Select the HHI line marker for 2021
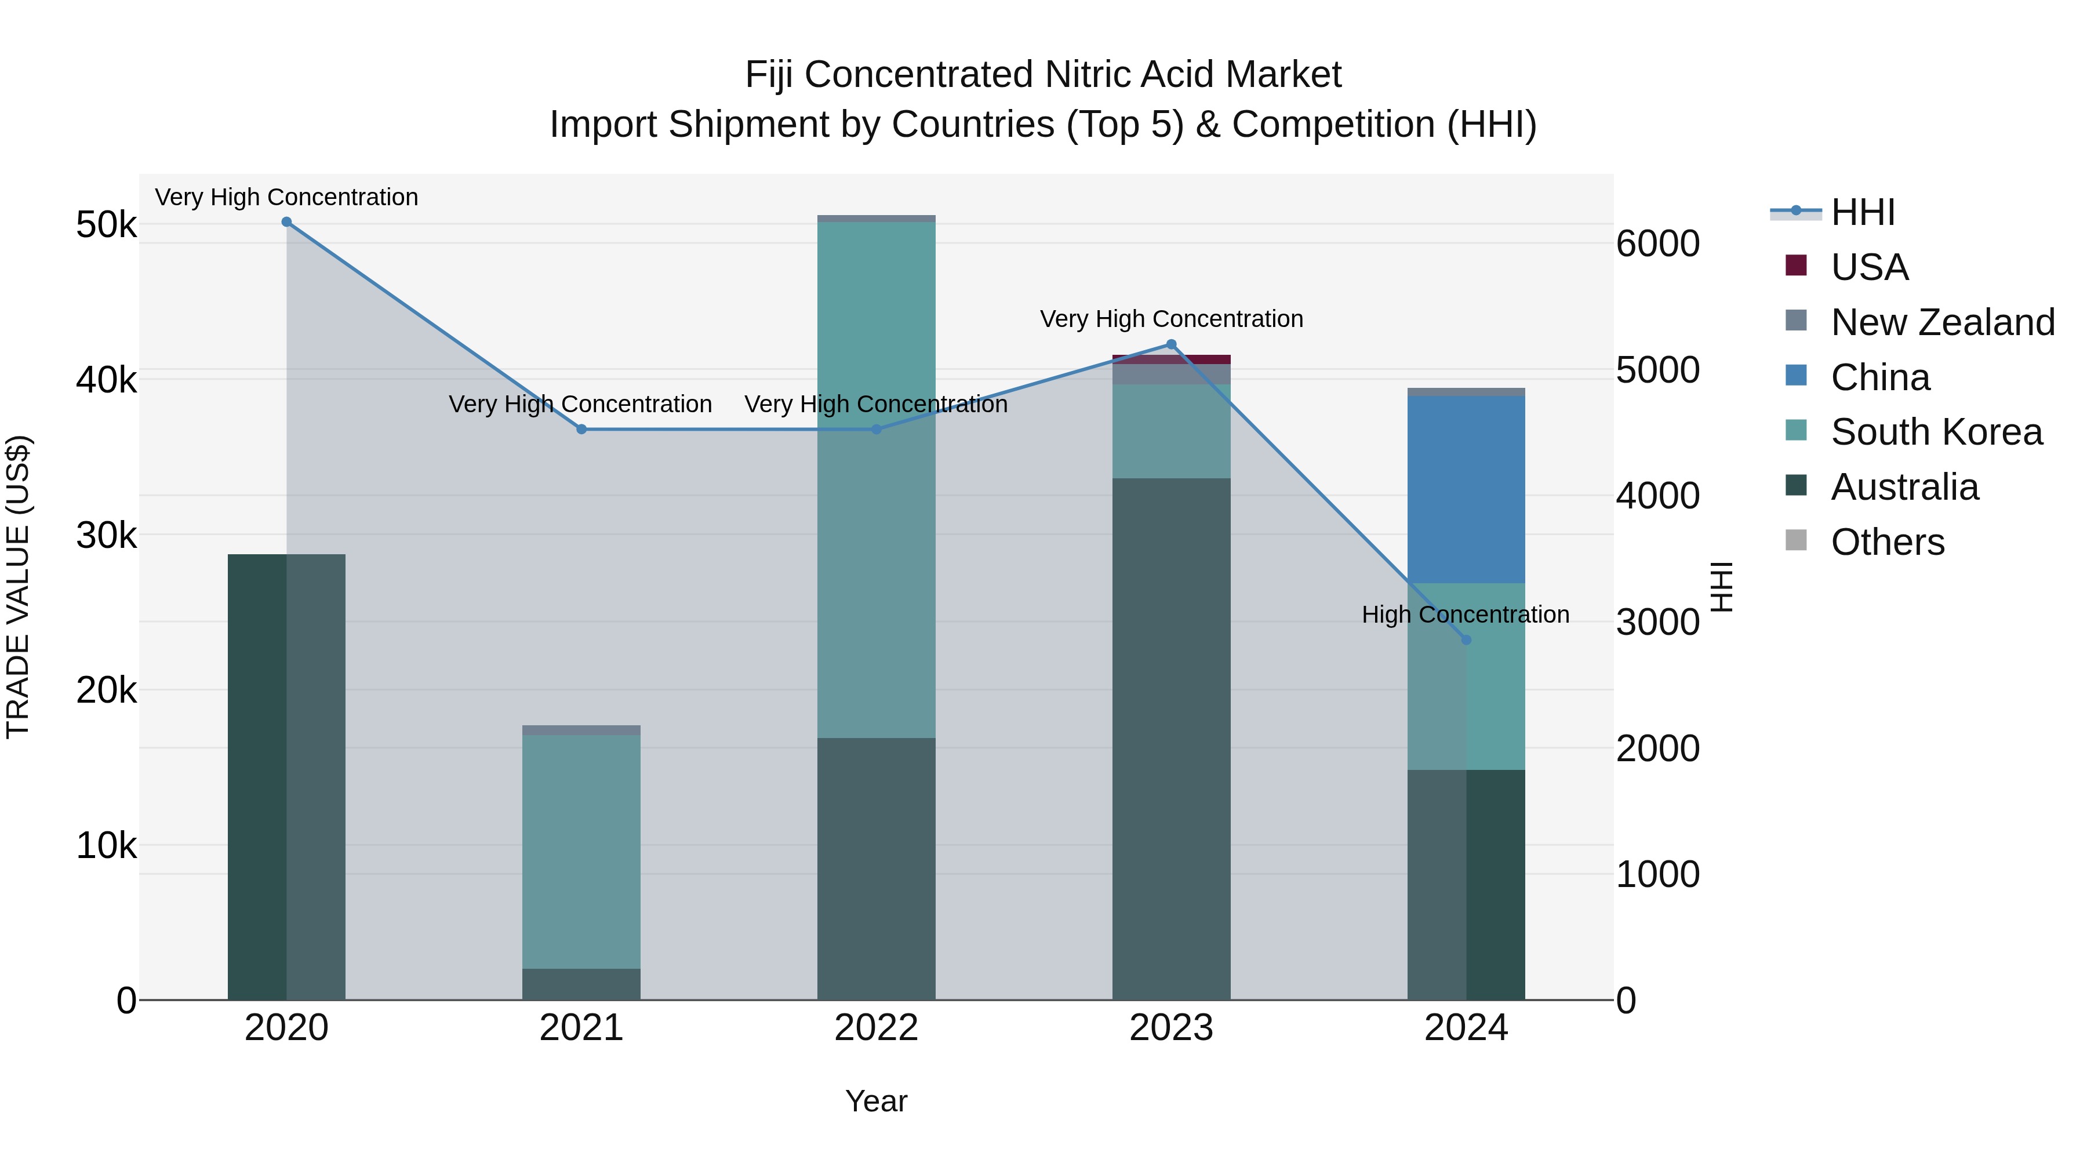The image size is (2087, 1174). tap(581, 430)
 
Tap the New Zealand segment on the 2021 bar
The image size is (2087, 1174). tap(581, 730)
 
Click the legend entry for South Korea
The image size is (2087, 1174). tap(1936, 432)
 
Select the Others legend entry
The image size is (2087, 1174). tap(1887, 542)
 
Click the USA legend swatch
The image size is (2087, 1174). tap(1795, 266)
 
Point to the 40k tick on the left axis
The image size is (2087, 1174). tap(106, 380)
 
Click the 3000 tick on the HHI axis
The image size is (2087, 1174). tap(1657, 622)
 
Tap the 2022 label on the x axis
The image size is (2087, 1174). tap(876, 1028)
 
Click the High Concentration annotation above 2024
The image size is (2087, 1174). tap(1465, 615)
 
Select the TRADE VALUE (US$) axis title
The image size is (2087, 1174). tap(18, 587)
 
